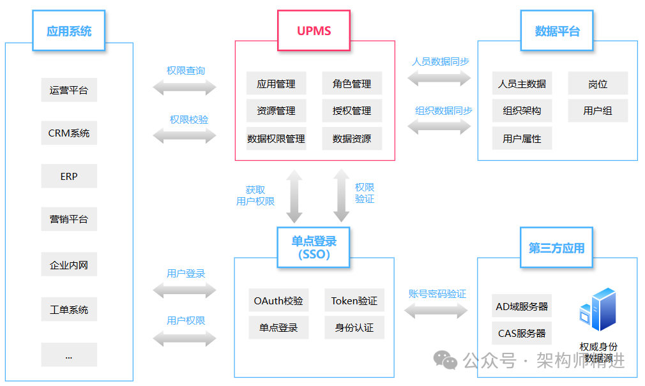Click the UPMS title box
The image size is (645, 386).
click(x=314, y=31)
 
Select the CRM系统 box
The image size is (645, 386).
click(x=69, y=133)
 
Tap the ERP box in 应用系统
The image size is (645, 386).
click(x=69, y=176)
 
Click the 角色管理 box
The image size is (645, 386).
click(x=352, y=84)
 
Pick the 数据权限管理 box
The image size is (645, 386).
click(x=276, y=138)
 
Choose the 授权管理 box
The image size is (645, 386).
click(x=352, y=111)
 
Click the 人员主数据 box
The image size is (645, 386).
click(x=522, y=84)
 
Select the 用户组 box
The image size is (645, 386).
click(x=598, y=111)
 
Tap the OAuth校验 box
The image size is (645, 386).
click(x=278, y=301)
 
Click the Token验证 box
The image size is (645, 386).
click(x=354, y=301)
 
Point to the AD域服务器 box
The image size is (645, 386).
click(x=522, y=306)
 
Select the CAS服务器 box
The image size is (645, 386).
click(x=522, y=333)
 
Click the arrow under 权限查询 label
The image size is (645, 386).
click(x=185, y=87)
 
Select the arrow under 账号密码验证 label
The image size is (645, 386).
click(x=437, y=311)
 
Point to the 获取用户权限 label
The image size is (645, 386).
click(x=255, y=195)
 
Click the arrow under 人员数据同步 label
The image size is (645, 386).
click(x=439, y=78)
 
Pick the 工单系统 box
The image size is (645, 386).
click(x=69, y=310)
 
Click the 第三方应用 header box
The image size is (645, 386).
click(x=556, y=248)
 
